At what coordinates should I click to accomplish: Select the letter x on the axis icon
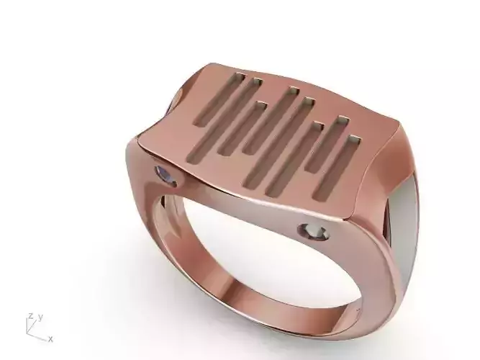(50, 338)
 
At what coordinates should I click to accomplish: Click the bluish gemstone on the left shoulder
(166, 174)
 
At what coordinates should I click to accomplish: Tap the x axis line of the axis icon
(39, 337)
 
